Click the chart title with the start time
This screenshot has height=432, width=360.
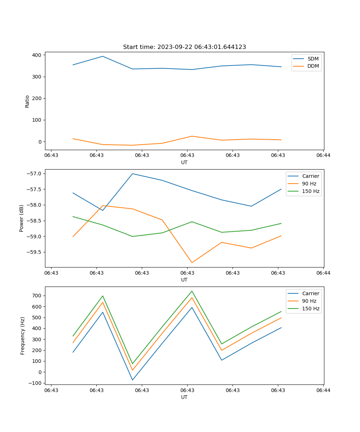pyautogui.click(x=184, y=47)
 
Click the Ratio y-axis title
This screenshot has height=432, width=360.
pyautogui.click(x=27, y=101)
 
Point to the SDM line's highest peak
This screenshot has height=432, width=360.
pyautogui.click(x=103, y=56)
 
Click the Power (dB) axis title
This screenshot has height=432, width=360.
pyautogui.click(x=22, y=218)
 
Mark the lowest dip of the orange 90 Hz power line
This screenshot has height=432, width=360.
pyautogui.click(x=192, y=262)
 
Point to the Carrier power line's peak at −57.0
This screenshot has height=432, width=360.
pyautogui.click(x=132, y=174)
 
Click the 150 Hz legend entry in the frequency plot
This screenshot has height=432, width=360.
pyautogui.click(x=311, y=309)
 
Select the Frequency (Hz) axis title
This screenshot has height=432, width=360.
pyautogui.click(x=23, y=336)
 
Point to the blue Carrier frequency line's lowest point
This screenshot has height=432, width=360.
pyautogui.click(x=132, y=380)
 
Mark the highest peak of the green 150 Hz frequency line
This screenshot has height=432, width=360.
pyautogui.click(x=192, y=291)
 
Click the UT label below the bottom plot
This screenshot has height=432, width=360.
pyautogui.click(x=184, y=397)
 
